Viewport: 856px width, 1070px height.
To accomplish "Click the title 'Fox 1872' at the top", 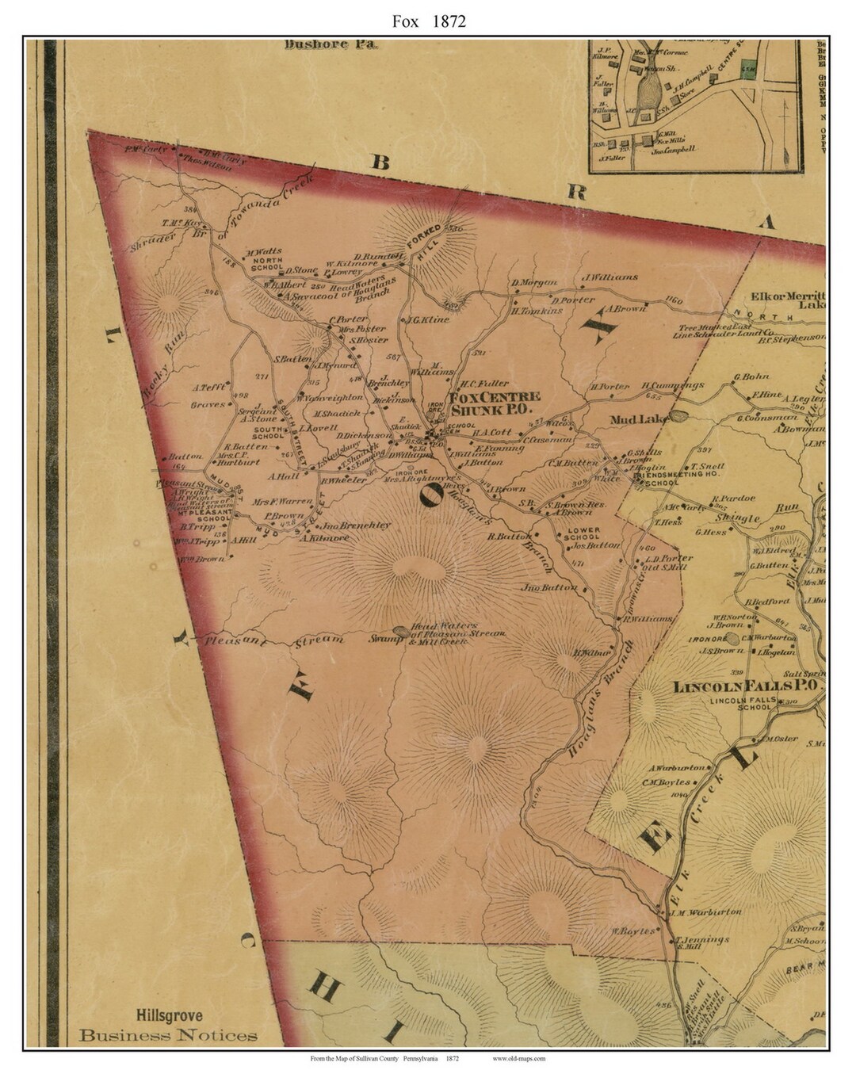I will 428,21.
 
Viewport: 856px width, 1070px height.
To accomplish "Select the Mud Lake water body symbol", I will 679,415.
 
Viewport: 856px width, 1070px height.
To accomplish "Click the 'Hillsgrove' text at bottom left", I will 168,1015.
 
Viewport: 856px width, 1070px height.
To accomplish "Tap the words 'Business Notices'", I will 168,1035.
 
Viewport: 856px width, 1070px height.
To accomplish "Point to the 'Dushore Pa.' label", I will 332,44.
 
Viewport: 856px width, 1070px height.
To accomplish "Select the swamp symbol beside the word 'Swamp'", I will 401,632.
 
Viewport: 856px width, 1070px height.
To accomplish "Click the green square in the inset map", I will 747,69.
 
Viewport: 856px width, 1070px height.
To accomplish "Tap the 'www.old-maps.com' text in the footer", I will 518,1058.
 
